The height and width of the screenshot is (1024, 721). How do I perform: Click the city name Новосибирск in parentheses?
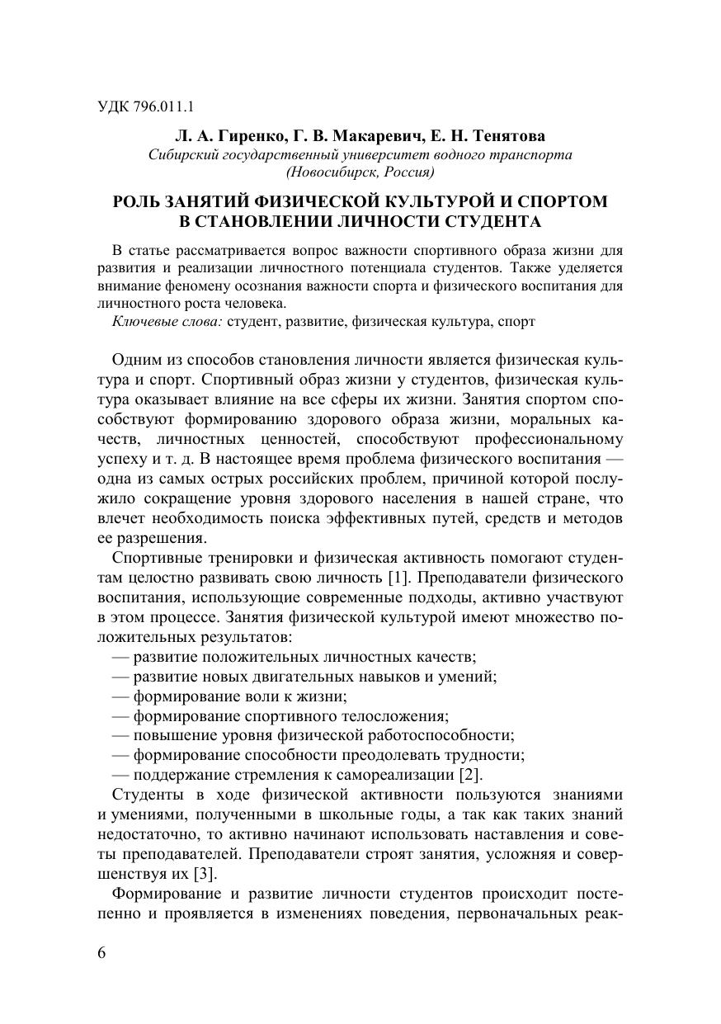332,172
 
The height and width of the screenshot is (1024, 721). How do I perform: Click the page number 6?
102,952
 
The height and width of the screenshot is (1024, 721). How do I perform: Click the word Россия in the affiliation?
408,172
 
